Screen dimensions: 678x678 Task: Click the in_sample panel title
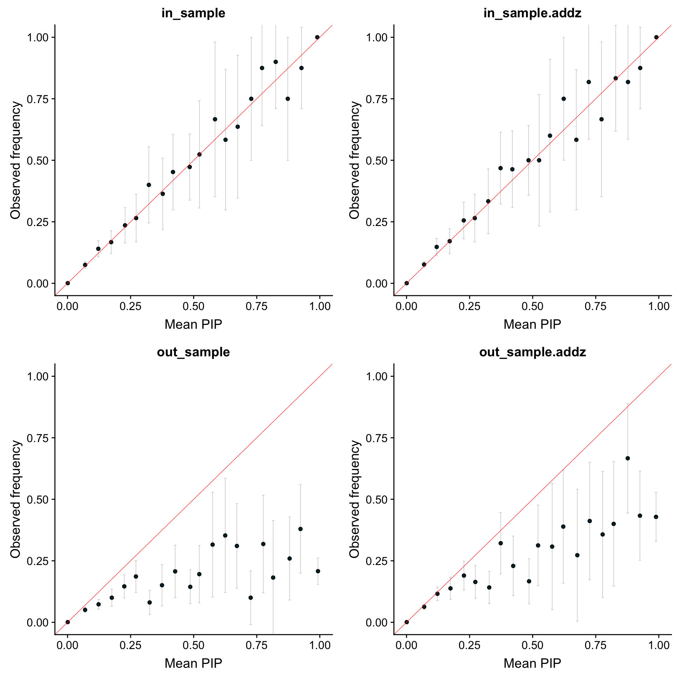(x=193, y=13)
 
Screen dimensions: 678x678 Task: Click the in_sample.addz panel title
(x=532, y=13)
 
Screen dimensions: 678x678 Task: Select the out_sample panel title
(x=193, y=352)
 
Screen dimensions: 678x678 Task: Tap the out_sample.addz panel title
(x=532, y=352)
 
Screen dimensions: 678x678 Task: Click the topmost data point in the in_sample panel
(x=317, y=37)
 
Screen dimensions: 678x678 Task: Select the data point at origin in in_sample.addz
(x=406, y=283)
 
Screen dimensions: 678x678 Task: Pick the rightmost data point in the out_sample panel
(x=318, y=571)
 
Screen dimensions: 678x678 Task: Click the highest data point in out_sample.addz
(x=628, y=458)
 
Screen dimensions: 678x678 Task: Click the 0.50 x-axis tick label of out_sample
(x=194, y=645)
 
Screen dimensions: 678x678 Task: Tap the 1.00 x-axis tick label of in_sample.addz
(x=659, y=306)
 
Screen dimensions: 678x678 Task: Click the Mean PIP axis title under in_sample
(x=193, y=324)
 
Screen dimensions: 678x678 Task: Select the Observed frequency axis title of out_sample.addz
(x=354, y=499)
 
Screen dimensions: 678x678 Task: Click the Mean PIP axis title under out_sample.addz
(x=532, y=663)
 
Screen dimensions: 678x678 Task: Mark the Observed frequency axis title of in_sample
(x=16, y=160)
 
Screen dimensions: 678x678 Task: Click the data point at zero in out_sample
(x=68, y=622)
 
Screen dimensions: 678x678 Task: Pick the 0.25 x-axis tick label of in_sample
(x=131, y=306)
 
